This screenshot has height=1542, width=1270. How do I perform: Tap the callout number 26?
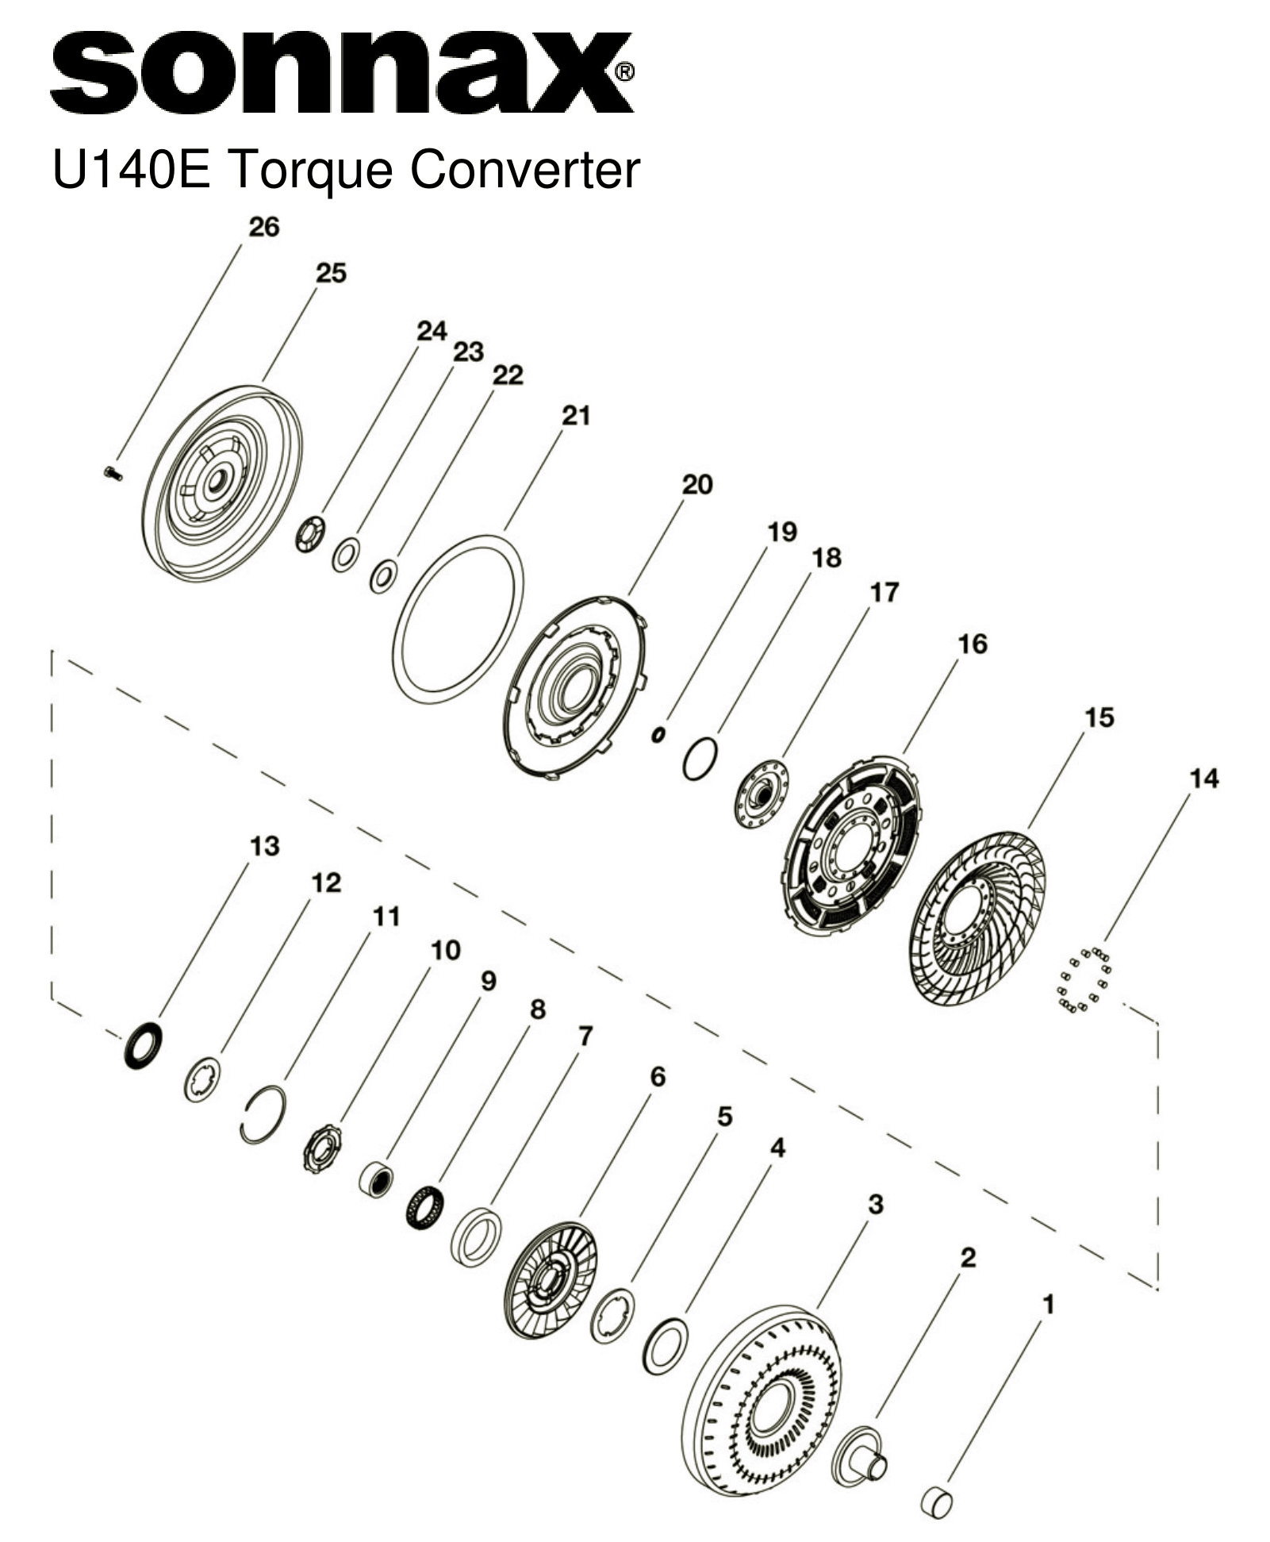click(x=264, y=227)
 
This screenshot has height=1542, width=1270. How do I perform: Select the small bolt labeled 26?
click(x=112, y=474)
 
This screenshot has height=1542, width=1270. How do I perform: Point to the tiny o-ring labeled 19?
click(x=658, y=736)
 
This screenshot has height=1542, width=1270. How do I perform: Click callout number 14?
click(x=1203, y=779)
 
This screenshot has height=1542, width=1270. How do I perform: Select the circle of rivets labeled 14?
click(x=1084, y=980)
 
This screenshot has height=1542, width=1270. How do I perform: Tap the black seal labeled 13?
click(x=144, y=1046)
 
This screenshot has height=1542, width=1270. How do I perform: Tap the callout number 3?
click(x=875, y=1204)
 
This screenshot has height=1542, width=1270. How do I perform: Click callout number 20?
click(x=697, y=484)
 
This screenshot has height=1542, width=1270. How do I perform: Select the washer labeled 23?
click(x=346, y=554)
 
